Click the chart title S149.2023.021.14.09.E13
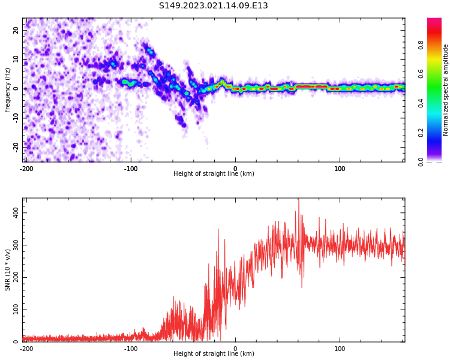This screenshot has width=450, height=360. coord(213,6)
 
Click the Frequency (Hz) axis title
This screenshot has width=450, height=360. coord(8,90)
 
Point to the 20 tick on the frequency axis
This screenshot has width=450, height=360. coord(16,30)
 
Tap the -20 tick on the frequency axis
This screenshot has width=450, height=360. coord(16,146)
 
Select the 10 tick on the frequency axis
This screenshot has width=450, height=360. coord(16,59)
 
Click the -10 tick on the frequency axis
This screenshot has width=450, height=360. coord(16,118)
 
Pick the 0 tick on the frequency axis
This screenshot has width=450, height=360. coord(16,88)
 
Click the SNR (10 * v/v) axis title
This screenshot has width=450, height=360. coord(8,270)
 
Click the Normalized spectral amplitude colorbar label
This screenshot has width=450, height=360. coord(446,90)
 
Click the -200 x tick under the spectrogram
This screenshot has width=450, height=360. coord(26,169)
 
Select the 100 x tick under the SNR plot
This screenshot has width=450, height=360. coord(340,349)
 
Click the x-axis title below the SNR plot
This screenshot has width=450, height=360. coord(214,354)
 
